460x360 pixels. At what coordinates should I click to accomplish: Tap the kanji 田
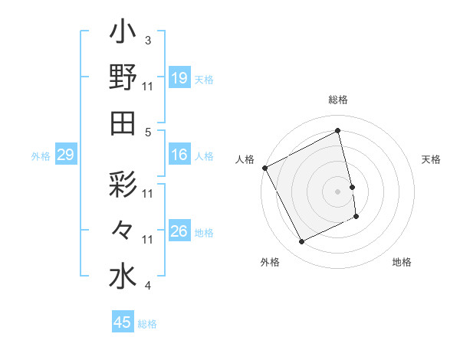123,123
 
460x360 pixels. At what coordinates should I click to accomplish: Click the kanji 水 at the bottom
123,277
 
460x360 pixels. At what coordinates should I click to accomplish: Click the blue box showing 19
179,78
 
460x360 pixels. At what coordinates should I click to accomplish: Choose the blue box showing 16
179,155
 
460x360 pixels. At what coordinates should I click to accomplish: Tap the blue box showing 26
179,231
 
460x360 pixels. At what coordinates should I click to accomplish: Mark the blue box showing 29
65,155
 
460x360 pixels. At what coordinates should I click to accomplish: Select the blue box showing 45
123,322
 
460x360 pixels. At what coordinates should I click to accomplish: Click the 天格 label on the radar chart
432,159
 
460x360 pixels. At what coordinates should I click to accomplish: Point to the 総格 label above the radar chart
338,100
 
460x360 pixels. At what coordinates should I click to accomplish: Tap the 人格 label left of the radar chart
245,159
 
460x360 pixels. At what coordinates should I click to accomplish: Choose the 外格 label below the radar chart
270,262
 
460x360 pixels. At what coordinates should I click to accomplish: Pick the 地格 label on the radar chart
402,262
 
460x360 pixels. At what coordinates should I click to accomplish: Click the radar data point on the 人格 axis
264,168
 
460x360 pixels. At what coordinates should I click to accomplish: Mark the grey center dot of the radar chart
338,191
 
